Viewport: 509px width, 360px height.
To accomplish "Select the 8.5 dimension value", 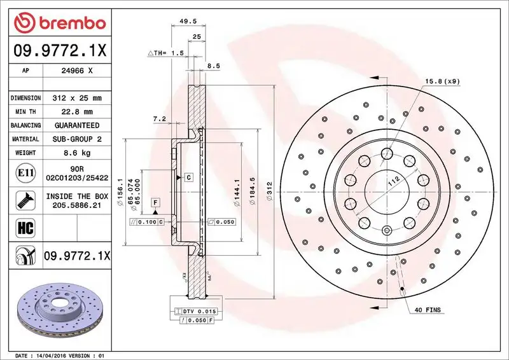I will [214, 66].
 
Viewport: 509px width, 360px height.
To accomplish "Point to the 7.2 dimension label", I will [159, 119].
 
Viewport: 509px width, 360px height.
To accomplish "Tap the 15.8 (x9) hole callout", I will [442, 81].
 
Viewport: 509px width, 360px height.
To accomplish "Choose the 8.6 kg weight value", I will [77, 153].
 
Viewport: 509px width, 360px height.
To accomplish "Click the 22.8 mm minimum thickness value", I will [77, 112].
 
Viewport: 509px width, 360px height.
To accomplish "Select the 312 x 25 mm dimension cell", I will [77, 99].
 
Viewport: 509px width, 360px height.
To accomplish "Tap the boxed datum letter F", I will [154, 202].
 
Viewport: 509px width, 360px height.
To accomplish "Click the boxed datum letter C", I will [189, 177].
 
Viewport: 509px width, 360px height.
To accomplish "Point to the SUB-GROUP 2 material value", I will [77, 139].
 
